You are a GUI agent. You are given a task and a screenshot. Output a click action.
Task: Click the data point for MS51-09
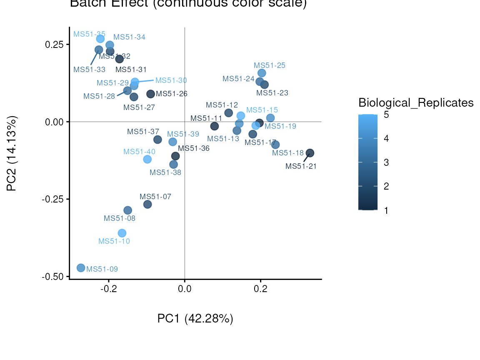click(81, 268)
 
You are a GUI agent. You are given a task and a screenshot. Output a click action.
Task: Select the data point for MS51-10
click(122, 233)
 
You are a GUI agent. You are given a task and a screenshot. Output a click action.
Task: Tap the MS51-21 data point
click(310, 153)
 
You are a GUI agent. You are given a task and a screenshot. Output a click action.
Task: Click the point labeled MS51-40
click(147, 159)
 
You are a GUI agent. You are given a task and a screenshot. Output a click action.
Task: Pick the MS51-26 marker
click(151, 94)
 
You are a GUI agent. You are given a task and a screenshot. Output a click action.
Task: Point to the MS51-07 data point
click(147, 205)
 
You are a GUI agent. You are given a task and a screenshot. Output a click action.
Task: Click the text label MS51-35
click(89, 34)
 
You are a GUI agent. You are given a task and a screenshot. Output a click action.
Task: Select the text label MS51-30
click(171, 80)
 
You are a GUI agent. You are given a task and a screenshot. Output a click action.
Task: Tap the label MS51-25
click(270, 65)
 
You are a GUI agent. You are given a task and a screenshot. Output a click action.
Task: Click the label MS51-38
click(165, 172)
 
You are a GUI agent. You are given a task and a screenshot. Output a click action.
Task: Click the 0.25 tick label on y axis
click(54, 44)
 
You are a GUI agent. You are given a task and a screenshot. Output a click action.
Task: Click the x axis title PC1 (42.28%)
click(195, 319)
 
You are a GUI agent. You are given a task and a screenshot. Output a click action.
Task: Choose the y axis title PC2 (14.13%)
click(12, 154)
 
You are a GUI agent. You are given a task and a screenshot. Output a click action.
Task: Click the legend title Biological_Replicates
click(416, 102)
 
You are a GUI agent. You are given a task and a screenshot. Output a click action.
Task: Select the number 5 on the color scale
click(386, 115)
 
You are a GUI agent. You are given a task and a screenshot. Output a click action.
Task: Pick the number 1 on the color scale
click(386, 210)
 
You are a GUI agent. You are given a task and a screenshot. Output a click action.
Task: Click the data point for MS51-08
click(128, 210)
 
